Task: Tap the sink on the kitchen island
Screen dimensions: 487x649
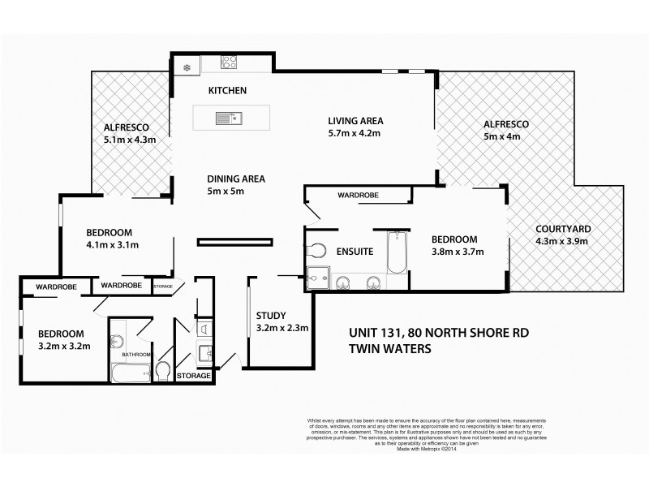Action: coord(226,119)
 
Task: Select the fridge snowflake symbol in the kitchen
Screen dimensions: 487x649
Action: coord(186,67)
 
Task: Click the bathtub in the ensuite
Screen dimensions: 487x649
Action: coord(397,253)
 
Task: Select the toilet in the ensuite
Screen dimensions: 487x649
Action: coord(317,250)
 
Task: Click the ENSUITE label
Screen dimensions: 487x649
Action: coord(355,252)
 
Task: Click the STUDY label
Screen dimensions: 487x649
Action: coord(269,317)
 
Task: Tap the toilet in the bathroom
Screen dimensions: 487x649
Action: coord(162,371)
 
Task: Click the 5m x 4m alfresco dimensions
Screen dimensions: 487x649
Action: coord(502,137)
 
